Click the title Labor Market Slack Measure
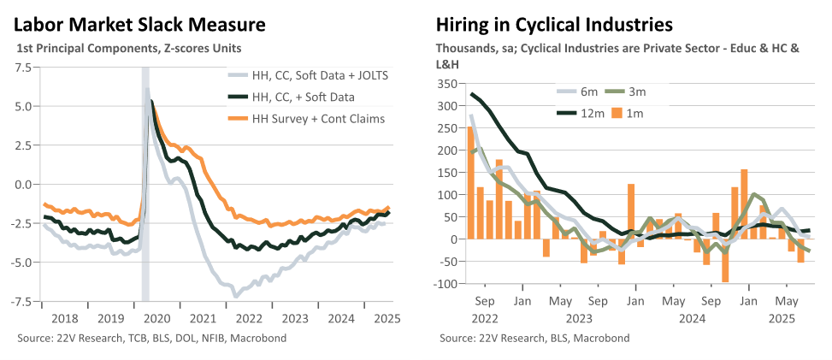[139, 25]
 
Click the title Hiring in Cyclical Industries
[554, 25]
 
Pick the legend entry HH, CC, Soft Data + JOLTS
[308, 76]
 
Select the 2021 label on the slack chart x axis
[203, 319]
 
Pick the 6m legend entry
[577, 91]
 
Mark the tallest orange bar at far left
[470, 183]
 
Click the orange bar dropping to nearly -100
[725, 261]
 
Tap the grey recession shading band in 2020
[145, 184]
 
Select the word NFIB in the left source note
[209, 339]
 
